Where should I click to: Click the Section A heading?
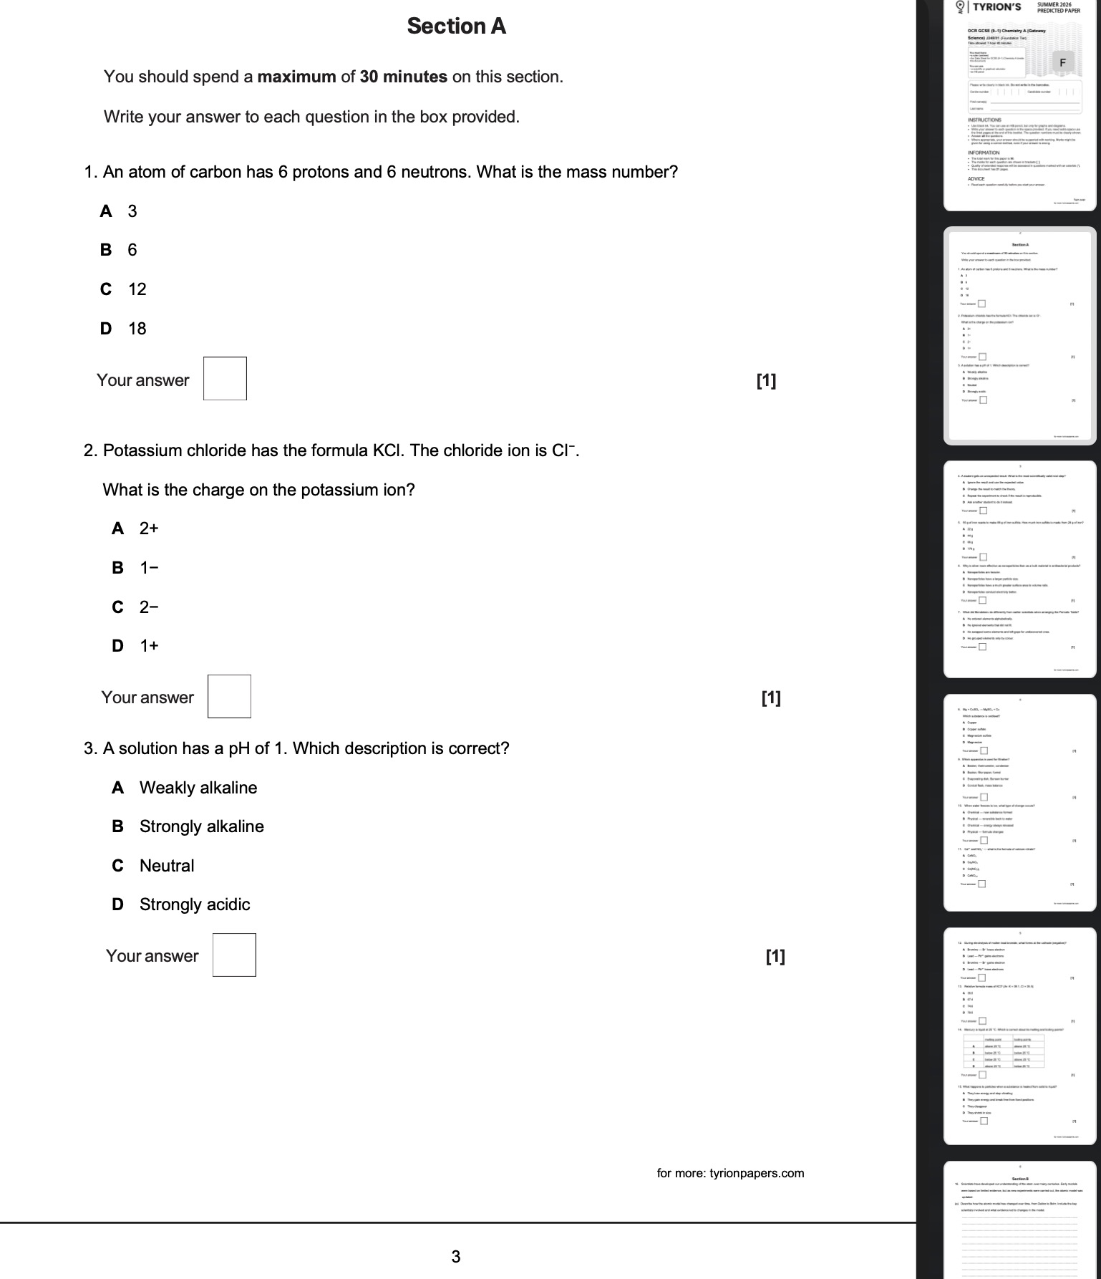(x=456, y=26)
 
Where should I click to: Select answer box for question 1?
(x=225, y=379)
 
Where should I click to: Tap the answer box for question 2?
(x=229, y=697)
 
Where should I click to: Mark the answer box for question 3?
(x=234, y=955)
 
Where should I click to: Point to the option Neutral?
(x=166, y=866)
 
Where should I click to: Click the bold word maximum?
(x=296, y=77)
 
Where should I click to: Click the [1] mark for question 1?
(x=766, y=380)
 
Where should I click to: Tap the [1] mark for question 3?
(x=775, y=956)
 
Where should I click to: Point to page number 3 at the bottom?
(x=456, y=1255)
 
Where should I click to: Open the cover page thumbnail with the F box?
(x=1019, y=107)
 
